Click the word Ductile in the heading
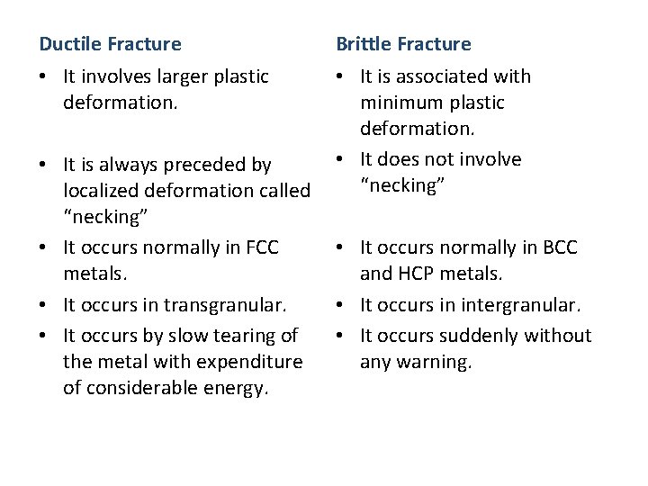(x=71, y=44)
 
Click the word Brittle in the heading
(x=364, y=44)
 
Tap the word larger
(x=180, y=76)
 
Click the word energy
(x=237, y=388)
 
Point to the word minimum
(x=398, y=103)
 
